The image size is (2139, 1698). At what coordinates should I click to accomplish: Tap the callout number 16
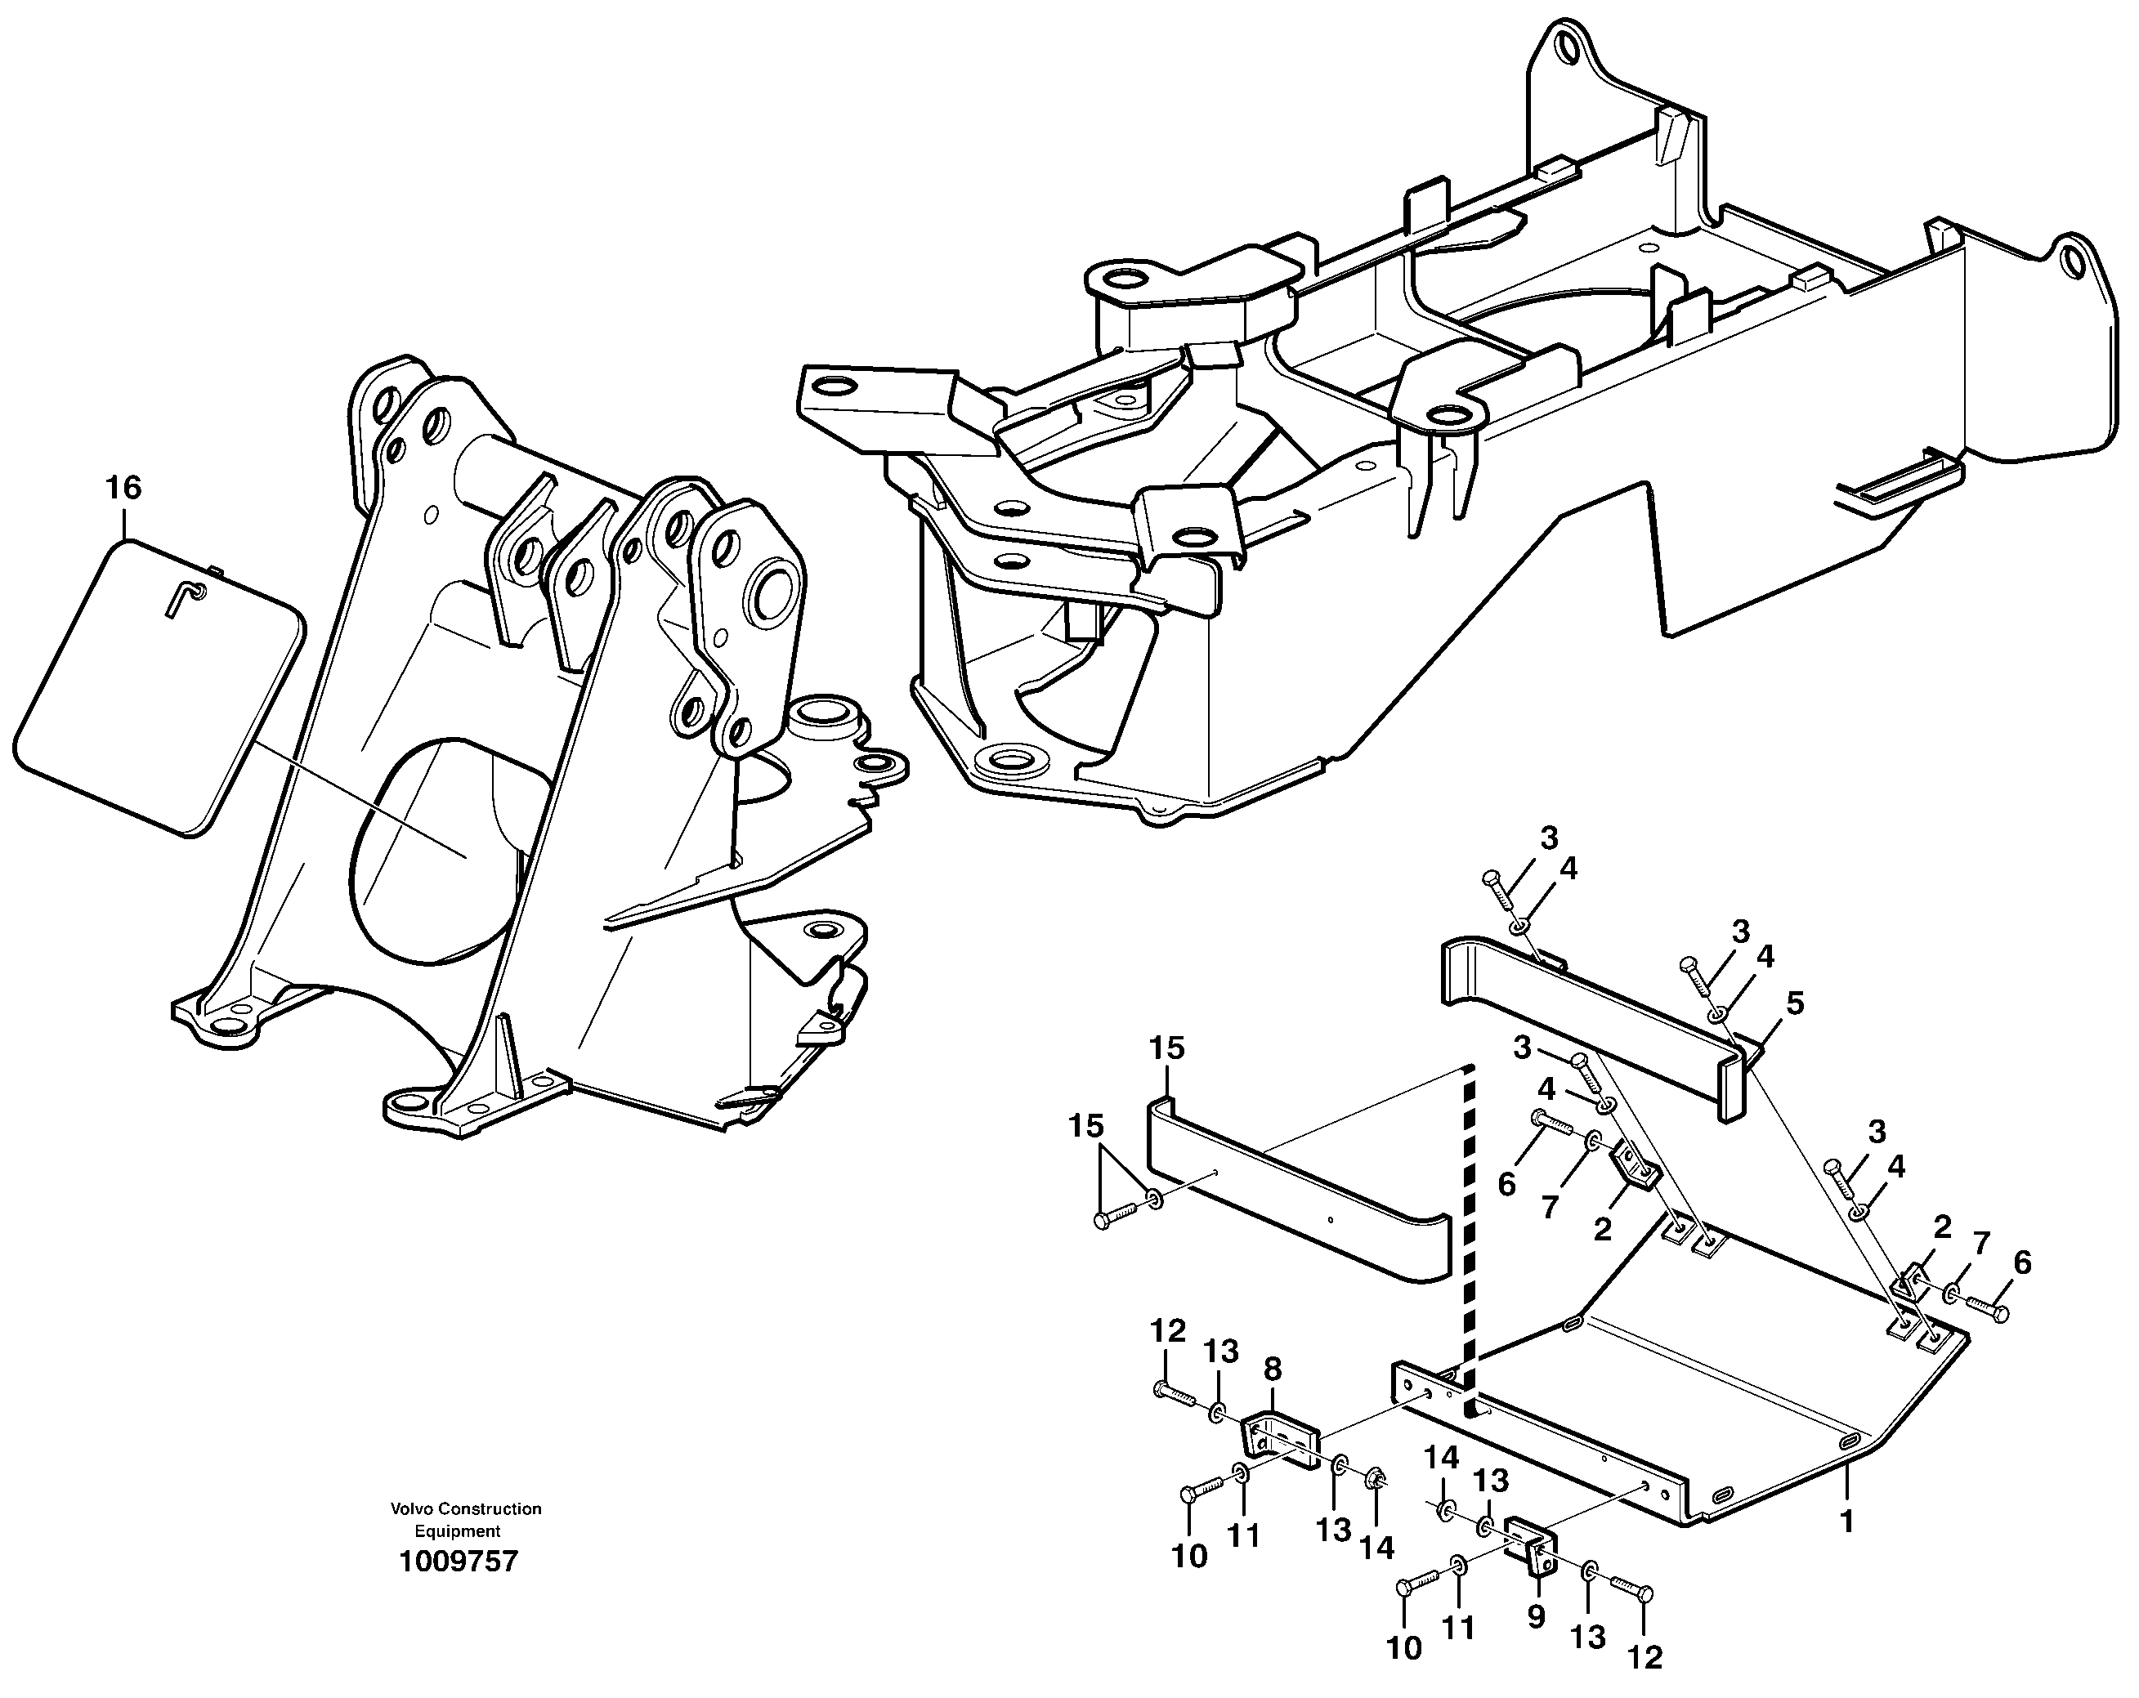[124, 487]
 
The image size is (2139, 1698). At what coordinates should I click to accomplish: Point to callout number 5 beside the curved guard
[1794, 1003]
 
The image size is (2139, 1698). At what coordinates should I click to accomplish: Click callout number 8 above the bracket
[1272, 1370]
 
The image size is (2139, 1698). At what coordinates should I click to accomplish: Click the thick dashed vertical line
[1467, 1240]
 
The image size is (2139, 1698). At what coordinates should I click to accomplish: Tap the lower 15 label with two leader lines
[1085, 1126]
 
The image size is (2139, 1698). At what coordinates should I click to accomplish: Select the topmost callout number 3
[1549, 838]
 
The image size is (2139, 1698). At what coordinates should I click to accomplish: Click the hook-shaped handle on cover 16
[185, 599]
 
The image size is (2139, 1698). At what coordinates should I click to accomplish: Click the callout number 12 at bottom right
[1645, 1657]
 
